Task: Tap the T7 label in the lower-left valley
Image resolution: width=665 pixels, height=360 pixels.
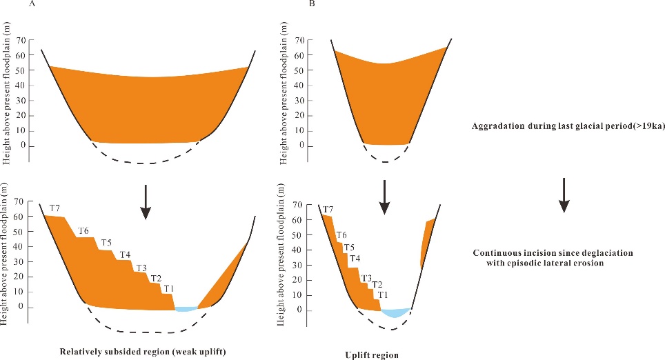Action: pos(54,208)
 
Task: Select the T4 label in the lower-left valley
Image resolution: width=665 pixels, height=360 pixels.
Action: pos(125,255)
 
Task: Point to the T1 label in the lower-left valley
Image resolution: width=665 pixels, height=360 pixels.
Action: pos(169,288)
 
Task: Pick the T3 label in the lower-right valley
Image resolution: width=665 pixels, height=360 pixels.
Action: pos(367,278)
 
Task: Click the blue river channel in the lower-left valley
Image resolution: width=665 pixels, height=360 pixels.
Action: pos(186,309)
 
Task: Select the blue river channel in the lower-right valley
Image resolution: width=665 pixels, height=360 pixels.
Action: pos(397,314)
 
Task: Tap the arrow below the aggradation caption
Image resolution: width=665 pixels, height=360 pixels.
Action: pos(564,194)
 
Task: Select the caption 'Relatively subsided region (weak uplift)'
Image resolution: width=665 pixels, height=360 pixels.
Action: pos(143,352)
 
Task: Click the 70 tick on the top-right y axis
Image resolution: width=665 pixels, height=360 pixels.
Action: pos(299,40)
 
